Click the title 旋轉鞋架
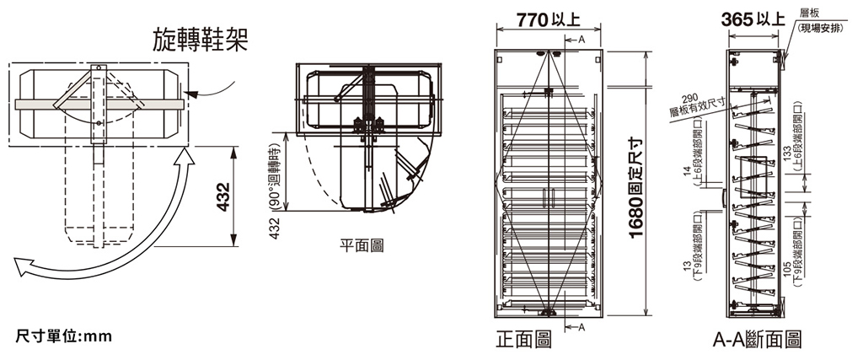click(x=200, y=40)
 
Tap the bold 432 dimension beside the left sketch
click(x=222, y=196)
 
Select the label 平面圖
click(x=362, y=245)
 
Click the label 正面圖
click(x=523, y=339)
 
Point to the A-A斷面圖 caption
click(x=757, y=339)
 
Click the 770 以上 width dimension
click(x=548, y=20)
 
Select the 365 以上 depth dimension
click(x=753, y=20)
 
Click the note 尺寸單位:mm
click(x=63, y=336)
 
